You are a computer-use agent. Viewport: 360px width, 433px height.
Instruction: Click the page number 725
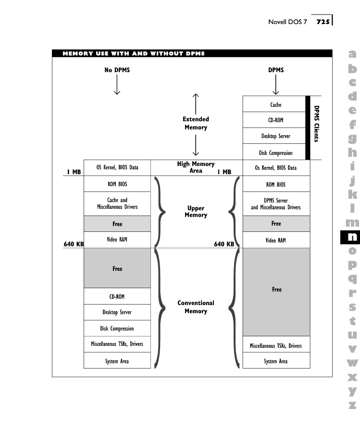[323, 22]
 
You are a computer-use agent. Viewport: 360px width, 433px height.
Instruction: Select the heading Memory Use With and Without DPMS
[134, 53]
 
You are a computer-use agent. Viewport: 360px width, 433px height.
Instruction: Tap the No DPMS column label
[117, 70]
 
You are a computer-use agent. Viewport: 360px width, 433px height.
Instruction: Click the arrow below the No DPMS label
[117, 86]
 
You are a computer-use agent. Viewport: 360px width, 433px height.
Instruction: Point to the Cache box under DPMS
[276, 104]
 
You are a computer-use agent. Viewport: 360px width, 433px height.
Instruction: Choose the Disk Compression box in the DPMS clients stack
[276, 153]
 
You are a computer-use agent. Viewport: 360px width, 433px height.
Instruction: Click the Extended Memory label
[196, 123]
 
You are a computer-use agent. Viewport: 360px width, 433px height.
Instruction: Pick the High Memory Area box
[196, 167]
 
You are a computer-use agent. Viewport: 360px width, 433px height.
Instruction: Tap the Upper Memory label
[196, 212]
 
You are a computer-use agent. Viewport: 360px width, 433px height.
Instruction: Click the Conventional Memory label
[196, 307]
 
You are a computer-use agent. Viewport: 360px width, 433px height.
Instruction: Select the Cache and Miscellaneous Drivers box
[117, 204]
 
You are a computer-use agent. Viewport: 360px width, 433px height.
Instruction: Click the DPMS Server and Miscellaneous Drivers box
[276, 204]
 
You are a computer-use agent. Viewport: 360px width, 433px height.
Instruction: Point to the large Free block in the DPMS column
[276, 290]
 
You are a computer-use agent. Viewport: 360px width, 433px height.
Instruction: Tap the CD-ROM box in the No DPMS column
[117, 296]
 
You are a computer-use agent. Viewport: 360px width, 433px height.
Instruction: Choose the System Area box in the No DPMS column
[117, 361]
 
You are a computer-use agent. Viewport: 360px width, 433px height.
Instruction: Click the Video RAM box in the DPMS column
[276, 240]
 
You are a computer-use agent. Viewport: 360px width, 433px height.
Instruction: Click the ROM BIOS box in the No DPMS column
[117, 184]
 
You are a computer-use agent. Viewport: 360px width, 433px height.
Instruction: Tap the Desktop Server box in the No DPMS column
[117, 312]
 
